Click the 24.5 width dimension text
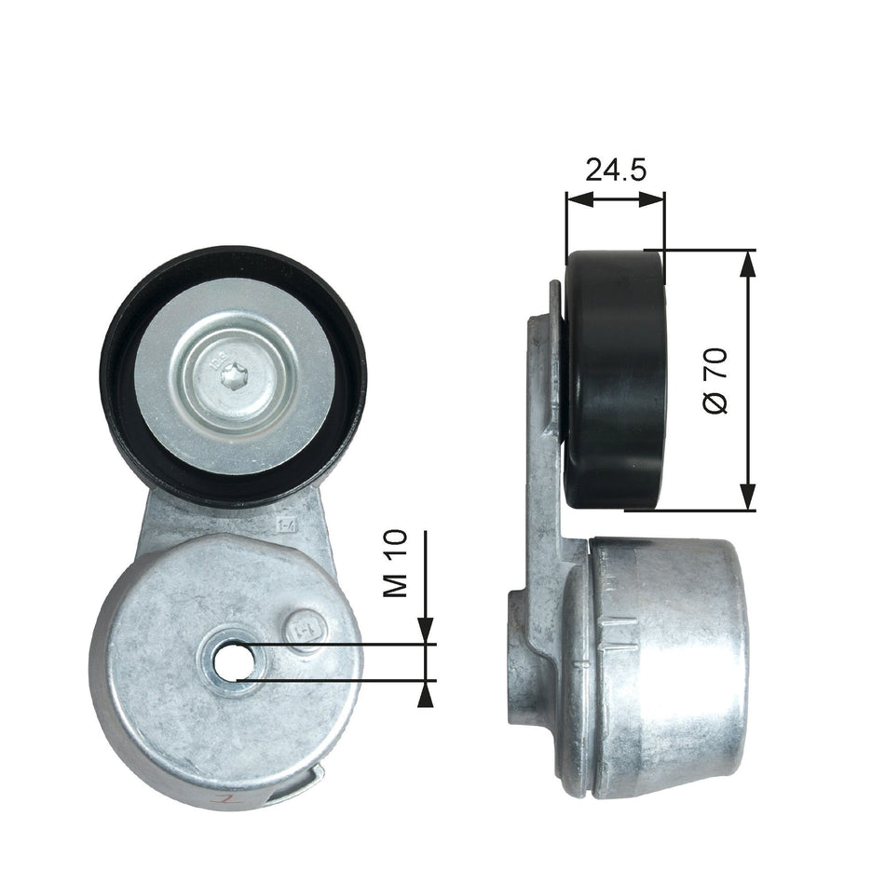click(615, 170)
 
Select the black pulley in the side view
click(616, 380)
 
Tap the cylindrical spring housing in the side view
click(666, 666)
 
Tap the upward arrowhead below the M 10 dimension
click(427, 691)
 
